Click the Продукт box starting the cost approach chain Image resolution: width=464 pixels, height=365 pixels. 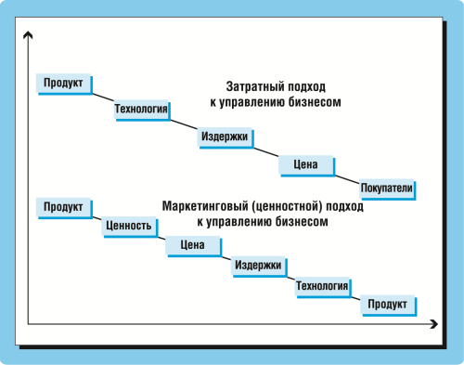click(62, 84)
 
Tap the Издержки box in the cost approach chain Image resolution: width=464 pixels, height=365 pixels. click(224, 137)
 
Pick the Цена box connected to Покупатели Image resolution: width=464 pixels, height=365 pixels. click(305, 165)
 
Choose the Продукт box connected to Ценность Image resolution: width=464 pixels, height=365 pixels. click(62, 207)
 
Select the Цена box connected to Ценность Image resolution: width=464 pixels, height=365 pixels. click(192, 246)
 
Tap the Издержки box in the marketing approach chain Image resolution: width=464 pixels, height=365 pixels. click(257, 266)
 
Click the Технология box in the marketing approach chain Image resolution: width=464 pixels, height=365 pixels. click(322, 286)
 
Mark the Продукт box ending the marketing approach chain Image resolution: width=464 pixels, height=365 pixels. click(387, 304)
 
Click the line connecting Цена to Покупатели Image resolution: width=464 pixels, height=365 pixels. click(345, 177)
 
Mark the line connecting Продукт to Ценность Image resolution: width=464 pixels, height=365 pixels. click(95, 216)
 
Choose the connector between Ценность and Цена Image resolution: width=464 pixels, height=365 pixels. click(160, 236)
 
